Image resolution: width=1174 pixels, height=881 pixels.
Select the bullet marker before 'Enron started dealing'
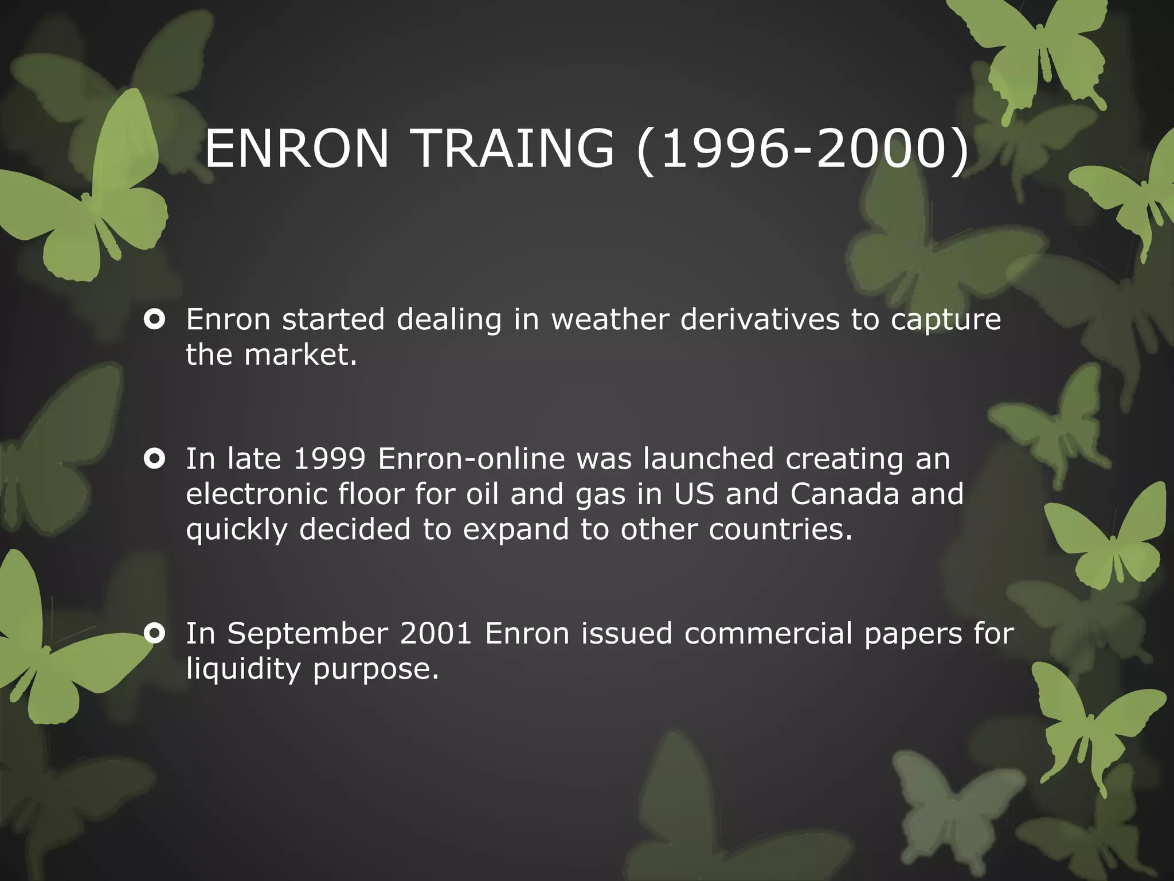(155, 319)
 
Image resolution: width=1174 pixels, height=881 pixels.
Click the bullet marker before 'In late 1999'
(155, 459)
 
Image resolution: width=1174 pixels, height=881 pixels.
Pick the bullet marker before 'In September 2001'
(155, 633)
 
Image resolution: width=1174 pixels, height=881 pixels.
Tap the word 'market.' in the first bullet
(300, 355)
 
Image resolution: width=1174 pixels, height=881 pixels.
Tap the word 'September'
(307, 634)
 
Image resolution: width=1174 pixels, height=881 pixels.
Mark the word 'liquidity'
(243, 669)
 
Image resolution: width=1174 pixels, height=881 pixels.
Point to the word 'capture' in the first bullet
(945, 321)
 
